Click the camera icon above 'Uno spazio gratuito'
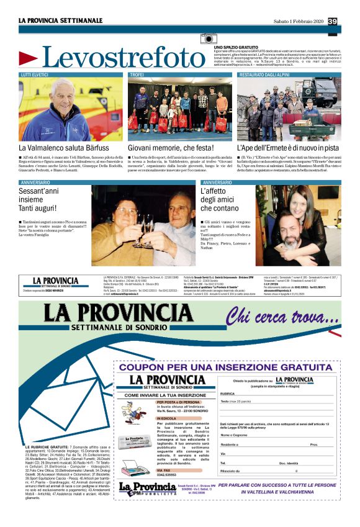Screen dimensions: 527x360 pos(209,39)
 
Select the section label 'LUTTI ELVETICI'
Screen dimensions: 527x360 pos(36,74)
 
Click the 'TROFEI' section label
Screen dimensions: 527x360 pos(137,74)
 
